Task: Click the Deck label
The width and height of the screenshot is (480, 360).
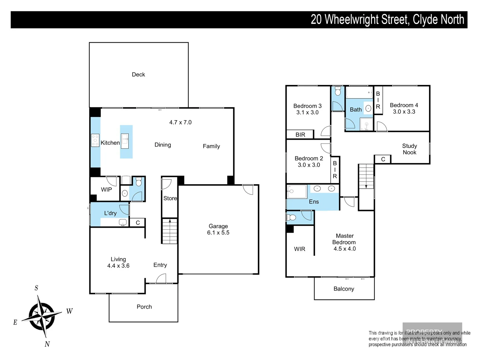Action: (x=138, y=75)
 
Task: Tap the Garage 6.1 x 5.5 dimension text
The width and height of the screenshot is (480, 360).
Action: (x=218, y=233)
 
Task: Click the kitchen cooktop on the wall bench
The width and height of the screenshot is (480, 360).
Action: (x=95, y=140)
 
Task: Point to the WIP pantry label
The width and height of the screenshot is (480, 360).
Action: (x=106, y=190)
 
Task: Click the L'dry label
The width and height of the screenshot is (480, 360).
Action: (x=110, y=213)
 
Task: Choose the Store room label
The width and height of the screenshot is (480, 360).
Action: (x=170, y=198)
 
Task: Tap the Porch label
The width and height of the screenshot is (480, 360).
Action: (x=144, y=307)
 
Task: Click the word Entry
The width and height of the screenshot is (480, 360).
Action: (x=160, y=265)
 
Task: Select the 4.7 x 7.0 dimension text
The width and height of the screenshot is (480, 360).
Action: (x=180, y=122)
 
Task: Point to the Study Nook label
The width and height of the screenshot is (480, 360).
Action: (x=409, y=149)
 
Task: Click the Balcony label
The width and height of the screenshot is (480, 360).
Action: (x=344, y=289)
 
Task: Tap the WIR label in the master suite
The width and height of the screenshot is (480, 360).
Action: (x=299, y=249)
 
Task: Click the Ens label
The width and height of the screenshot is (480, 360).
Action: (x=314, y=202)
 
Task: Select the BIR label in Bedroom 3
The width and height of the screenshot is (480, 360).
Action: (x=300, y=135)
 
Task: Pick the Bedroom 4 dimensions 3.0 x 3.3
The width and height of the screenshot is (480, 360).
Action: (x=404, y=112)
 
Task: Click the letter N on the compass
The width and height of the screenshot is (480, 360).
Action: (x=47, y=344)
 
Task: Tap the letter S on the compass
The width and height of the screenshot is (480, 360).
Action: (x=36, y=288)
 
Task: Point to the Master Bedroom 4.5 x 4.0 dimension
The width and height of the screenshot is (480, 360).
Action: (x=345, y=249)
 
